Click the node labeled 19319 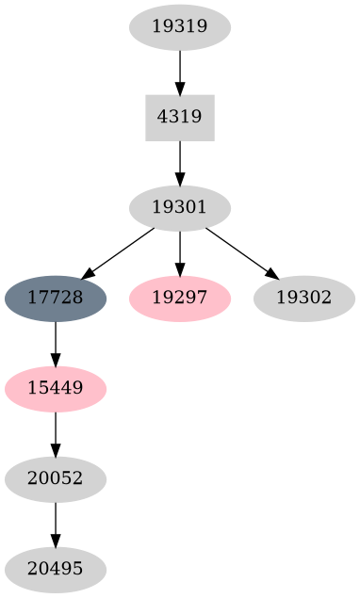pyautogui.click(x=179, y=26)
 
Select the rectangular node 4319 pyautogui.click(x=179, y=117)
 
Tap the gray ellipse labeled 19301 pyautogui.click(x=179, y=207)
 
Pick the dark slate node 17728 pyautogui.click(x=56, y=298)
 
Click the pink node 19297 pyautogui.click(x=179, y=298)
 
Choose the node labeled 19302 pyautogui.click(x=303, y=298)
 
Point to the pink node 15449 pyautogui.click(x=56, y=388)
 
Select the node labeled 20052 pyautogui.click(x=56, y=478)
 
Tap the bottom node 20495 pyautogui.click(x=56, y=569)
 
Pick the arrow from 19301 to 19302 pyautogui.click(x=240, y=251)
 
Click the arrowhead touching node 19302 pyautogui.click(x=271, y=274)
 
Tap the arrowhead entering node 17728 pyautogui.click(x=88, y=274)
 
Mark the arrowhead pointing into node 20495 pyautogui.click(x=56, y=541)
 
